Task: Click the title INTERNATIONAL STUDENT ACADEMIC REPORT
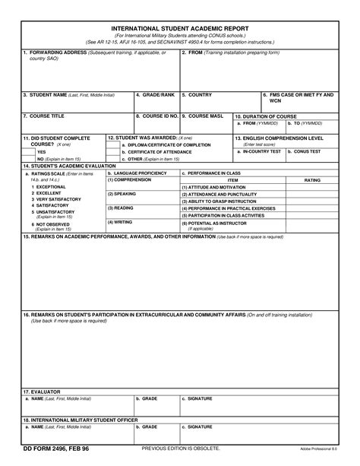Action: click(x=179, y=26)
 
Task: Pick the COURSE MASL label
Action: click(x=206, y=116)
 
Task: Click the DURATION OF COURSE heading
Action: click(x=269, y=116)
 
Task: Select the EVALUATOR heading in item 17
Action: click(x=41, y=392)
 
